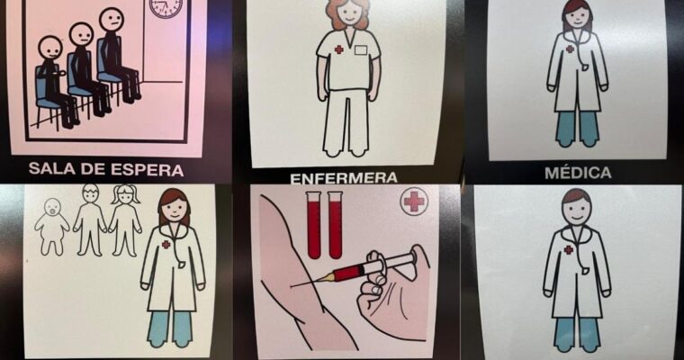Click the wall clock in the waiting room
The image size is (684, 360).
pos(166,8)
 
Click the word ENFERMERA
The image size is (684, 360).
pos(344,178)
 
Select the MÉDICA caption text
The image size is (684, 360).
pos(578,173)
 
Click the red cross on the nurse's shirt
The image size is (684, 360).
pos(338,49)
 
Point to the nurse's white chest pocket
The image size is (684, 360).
pos(361,50)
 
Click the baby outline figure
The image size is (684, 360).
pos(52,226)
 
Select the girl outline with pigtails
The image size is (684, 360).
pos(126,220)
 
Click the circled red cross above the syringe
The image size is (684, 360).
pos(413,202)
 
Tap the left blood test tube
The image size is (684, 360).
pos(314,225)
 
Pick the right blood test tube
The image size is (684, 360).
pos(335,225)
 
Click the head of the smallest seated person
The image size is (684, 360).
pos(50,49)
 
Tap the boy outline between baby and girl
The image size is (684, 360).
pos(90,220)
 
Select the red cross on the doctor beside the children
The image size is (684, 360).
pos(166,245)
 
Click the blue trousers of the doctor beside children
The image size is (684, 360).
pos(170,328)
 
